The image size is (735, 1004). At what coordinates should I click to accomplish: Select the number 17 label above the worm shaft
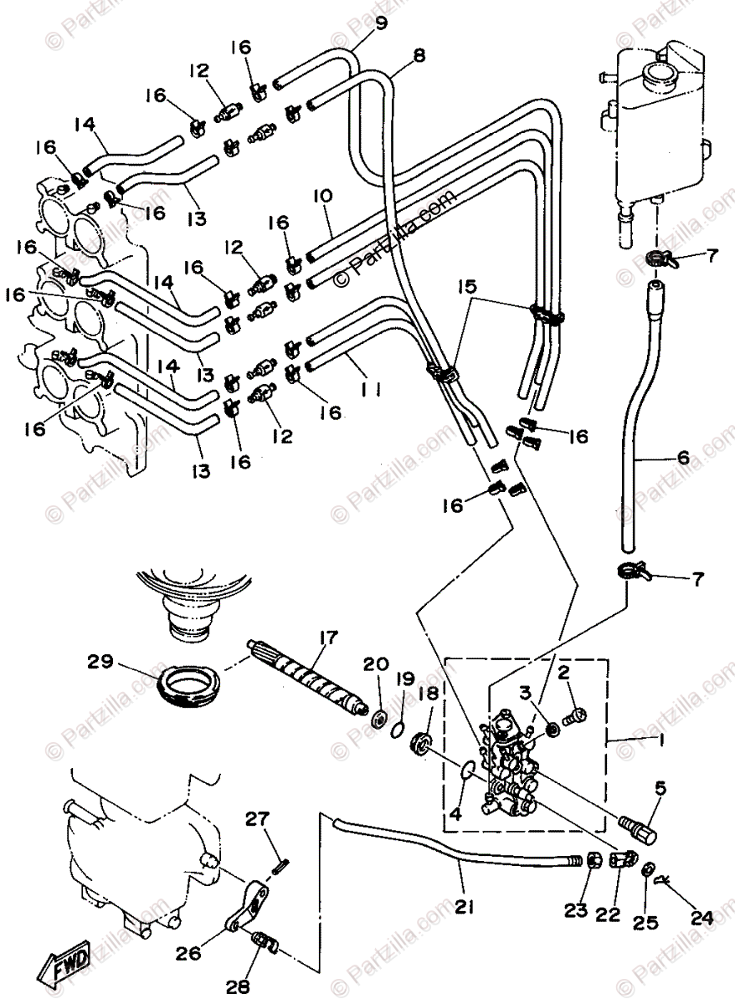pyautogui.click(x=326, y=639)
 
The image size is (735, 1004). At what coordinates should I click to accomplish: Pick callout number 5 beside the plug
pyautogui.click(x=660, y=787)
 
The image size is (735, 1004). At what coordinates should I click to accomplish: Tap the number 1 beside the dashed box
pyautogui.click(x=639, y=739)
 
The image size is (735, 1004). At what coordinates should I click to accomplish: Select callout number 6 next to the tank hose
pyautogui.click(x=684, y=457)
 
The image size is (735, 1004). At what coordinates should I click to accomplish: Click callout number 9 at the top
pyautogui.click(x=382, y=23)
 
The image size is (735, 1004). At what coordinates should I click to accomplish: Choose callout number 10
pyautogui.click(x=322, y=196)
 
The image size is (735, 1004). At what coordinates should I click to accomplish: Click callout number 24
pyautogui.click(x=702, y=918)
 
